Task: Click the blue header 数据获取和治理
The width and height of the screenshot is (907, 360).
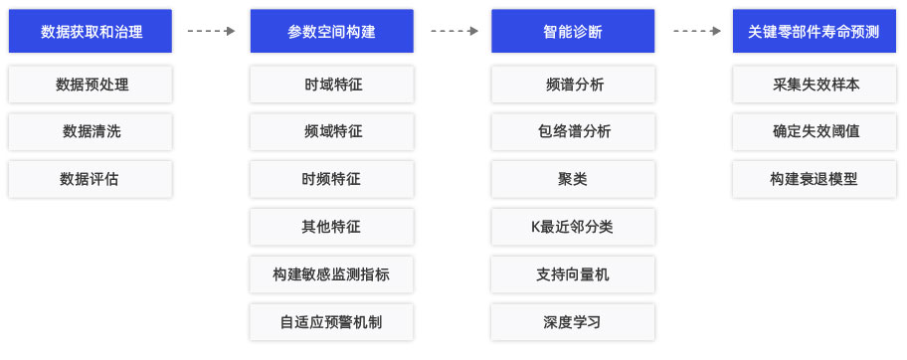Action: pyautogui.click(x=91, y=31)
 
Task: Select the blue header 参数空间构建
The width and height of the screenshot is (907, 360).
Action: pyautogui.click(x=332, y=31)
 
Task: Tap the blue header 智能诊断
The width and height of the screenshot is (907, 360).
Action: pyautogui.click(x=573, y=31)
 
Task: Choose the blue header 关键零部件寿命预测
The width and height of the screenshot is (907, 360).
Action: pyautogui.click(x=815, y=31)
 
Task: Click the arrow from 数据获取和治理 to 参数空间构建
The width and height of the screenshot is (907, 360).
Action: pyautogui.click(x=211, y=31)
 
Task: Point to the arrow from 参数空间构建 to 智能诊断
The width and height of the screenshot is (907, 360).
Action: pyautogui.click(x=453, y=31)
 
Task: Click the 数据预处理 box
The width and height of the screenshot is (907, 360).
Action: pyautogui.click(x=91, y=85)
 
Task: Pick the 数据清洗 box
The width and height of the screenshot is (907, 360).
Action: pyautogui.click(x=91, y=131)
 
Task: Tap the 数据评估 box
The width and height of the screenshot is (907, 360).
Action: pyautogui.click(x=91, y=179)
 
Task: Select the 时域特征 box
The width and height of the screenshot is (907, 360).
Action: pyautogui.click(x=332, y=85)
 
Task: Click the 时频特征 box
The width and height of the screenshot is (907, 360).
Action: pyautogui.click(x=332, y=179)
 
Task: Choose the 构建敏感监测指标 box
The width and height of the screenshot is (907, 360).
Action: pyautogui.click(x=332, y=274)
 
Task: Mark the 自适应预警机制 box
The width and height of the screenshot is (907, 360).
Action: pyautogui.click(x=332, y=322)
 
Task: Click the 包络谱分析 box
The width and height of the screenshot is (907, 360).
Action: pyautogui.click(x=573, y=131)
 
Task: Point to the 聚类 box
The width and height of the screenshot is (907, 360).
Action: pyautogui.click(x=573, y=179)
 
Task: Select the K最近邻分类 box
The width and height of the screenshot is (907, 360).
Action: pyautogui.click(x=573, y=227)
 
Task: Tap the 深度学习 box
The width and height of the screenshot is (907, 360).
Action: pyautogui.click(x=573, y=322)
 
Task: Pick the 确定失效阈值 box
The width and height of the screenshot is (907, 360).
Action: pyautogui.click(x=815, y=131)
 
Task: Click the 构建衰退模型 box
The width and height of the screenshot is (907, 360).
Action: pyautogui.click(x=815, y=179)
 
